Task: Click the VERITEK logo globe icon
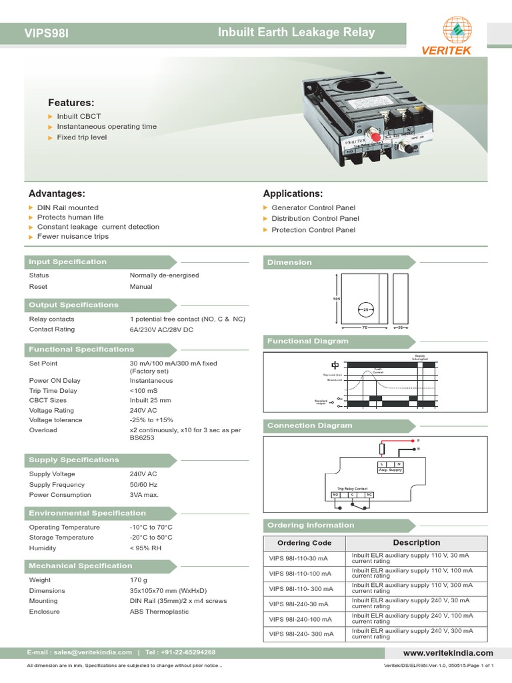coord(457,29)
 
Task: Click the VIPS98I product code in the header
coord(47,33)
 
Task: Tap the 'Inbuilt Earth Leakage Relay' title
coord(297,32)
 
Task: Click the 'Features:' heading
coord(71,103)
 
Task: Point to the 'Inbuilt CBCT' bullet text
coord(79,115)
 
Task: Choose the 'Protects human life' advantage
coord(70,217)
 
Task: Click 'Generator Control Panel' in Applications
coord(313,208)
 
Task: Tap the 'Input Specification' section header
coord(67,262)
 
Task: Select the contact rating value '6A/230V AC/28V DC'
coord(161,329)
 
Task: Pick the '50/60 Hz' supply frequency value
coord(144,485)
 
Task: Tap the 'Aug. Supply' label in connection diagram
coord(391,470)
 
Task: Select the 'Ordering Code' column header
coord(304,543)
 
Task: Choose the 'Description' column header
coord(416,543)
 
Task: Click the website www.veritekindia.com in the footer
coord(448,653)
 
